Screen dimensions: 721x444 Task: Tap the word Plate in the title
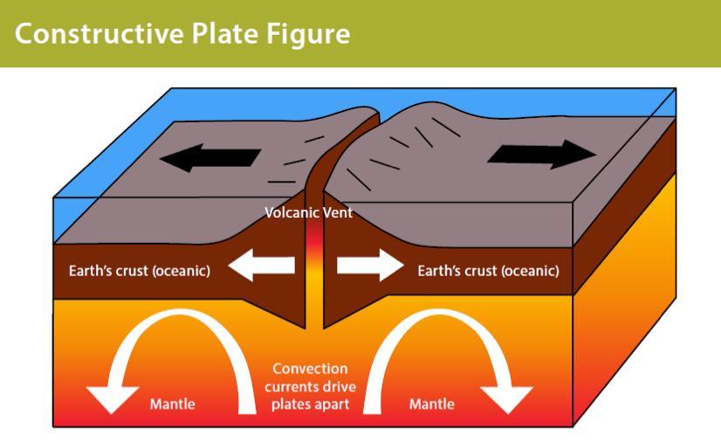pyautogui.click(x=224, y=33)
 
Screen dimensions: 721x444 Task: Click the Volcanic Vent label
pyautogui.click(x=308, y=212)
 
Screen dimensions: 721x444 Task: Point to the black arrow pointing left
pyautogui.click(x=210, y=157)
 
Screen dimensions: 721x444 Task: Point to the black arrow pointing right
pyautogui.click(x=542, y=155)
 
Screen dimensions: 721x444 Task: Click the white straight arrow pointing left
pyautogui.click(x=261, y=265)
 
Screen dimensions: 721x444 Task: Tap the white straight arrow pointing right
pyautogui.click(x=370, y=265)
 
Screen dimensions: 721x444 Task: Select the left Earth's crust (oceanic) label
pyautogui.click(x=140, y=271)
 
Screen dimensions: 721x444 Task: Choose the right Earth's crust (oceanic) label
pyautogui.click(x=488, y=271)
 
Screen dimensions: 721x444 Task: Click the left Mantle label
pyautogui.click(x=173, y=404)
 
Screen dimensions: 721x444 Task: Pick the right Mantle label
pyautogui.click(x=432, y=404)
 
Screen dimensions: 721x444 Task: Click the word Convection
pyautogui.click(x=310, y=369)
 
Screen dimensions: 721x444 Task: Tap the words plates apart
pyautogui.click(x=310, y=405)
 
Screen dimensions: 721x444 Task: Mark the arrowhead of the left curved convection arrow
pyautogui.click(x=112, y=399)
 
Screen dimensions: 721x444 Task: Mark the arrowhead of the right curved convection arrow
pyautogui.click(x=507, y=399)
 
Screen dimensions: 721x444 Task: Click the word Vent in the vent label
pyautogui.click(x=338, y=212)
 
